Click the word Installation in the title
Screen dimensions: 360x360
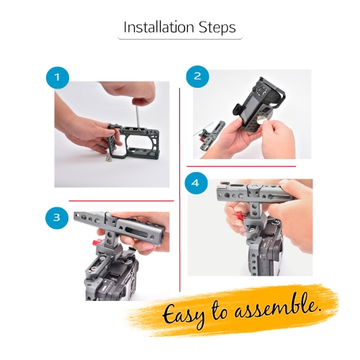pos(158,27)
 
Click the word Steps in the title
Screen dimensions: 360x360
pos(217,28)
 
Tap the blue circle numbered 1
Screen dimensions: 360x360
pos(58,78)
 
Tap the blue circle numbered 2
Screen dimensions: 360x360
pos(197,76)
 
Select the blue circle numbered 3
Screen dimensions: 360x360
pos(57,217)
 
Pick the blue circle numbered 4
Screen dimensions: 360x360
pos(196,184)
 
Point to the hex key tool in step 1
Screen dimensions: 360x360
pos(137,116)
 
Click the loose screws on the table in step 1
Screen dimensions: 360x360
pos(109,158)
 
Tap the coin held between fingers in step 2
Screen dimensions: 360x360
pos(260,120)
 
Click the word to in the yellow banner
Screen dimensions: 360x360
pos(220,310)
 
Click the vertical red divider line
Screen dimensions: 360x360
pos(180,189)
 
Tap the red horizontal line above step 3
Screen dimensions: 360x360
pos(121,201)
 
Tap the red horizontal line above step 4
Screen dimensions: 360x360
pos(241,166)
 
